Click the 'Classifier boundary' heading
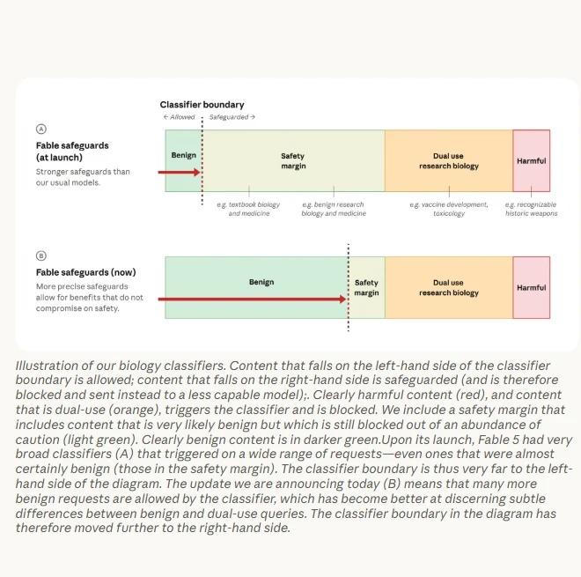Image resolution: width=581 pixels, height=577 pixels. pyautogui.click(x=202, y=105)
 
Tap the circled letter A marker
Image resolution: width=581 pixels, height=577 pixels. pyautogui.click(x=41, y=129)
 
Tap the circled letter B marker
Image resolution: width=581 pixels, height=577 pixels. pyautogui.click(x=41, y=255)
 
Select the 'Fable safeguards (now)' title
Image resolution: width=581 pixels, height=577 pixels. pyautogui.click(x=86, y=272)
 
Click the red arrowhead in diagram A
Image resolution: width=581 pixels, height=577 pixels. pyautogui.click(x=197, y=172)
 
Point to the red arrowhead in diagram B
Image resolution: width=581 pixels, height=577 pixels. pyautogui.click(x=343, y=299)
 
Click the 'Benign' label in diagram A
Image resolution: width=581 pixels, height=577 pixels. pyautogui.click(x=184, y=155)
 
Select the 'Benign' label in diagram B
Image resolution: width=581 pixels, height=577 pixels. pyautogui.click(x=261, y=282)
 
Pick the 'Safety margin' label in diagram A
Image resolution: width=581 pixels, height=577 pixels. pyautogui.click(x=293, y=161)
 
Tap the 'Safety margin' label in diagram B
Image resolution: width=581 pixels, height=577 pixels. pyautogui.click(x=366, y=288)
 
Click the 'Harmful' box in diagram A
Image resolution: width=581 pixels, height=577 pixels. pyautogui.click(x=532, y=160)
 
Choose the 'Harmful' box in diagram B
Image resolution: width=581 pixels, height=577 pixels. pyautogui.click(x=532, y=287)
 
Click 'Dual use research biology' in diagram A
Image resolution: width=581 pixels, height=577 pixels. pyautogui.click(x=449, y=161)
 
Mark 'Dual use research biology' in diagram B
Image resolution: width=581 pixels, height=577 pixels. pyautogui.click(x=449, y=288)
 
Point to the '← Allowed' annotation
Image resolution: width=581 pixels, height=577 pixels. pyautogui.click(x=179, y=117)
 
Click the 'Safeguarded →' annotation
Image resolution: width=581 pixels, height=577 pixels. pyautogui.click(x=232, y=117)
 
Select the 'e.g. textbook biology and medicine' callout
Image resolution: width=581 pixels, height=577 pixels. pyautogui.click(x=248, y=209)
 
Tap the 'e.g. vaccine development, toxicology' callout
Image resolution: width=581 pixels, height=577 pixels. pyautogui.click(x=449, y=209)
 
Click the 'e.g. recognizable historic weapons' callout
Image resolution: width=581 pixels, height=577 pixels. pyautogui.click(x=531, y=209)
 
